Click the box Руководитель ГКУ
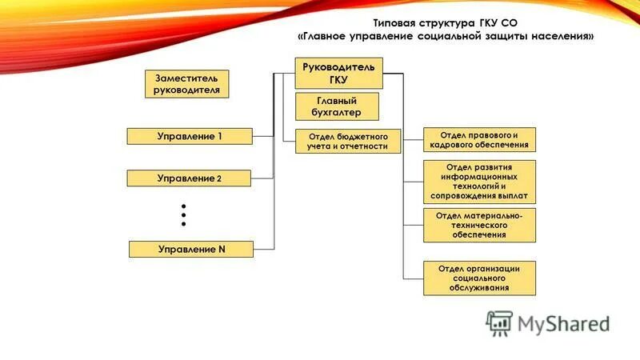point(339,73)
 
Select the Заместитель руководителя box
point(186,84)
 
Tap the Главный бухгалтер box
point(337,106)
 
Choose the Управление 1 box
point(190,137)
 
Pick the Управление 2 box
point(190,178)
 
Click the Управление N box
point(191,249)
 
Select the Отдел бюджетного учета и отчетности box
point(347,142)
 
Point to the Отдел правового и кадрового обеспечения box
point(479,139)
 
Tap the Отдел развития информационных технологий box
point(479,182)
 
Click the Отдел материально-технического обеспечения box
point(479,226)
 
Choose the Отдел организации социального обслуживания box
point(479,278)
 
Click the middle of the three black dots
point(183,214)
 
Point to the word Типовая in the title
point(398,24)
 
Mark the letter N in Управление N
point(222,249)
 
